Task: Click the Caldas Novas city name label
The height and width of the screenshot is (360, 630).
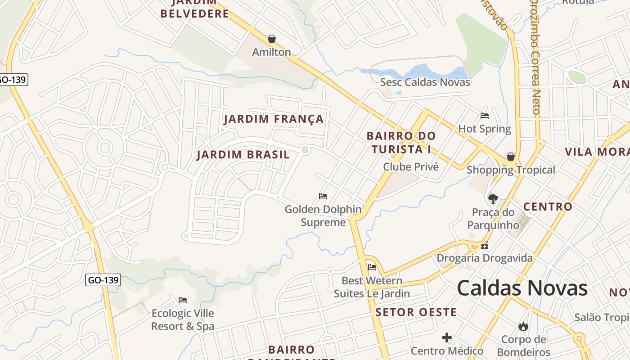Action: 522,288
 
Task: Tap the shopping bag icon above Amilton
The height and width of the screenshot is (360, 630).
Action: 271,39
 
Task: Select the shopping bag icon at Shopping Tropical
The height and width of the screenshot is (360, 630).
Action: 510,157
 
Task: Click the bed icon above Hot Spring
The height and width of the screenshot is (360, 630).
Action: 485,116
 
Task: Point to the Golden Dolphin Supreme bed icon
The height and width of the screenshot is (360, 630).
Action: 323,196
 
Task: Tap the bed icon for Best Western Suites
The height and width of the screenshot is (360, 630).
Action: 372,267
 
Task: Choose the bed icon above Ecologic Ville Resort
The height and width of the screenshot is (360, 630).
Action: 182,300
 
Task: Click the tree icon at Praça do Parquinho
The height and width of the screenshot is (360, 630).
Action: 493,198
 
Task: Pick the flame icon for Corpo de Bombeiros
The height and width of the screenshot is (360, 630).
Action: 523,326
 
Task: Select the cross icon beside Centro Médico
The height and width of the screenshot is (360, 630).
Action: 446,337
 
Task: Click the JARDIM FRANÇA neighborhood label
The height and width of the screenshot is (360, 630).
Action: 274,119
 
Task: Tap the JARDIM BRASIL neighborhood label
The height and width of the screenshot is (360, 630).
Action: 243,155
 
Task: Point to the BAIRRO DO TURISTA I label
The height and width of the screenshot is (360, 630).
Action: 401,142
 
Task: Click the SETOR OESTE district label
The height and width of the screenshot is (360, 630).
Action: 416,312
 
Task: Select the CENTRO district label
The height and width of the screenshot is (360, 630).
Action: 547,207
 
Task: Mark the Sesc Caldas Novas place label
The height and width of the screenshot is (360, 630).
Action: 425,82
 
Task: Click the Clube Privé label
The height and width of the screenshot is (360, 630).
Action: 410,167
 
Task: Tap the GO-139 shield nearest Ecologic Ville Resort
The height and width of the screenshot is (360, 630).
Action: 103,280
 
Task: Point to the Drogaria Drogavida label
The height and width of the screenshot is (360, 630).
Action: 484,258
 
